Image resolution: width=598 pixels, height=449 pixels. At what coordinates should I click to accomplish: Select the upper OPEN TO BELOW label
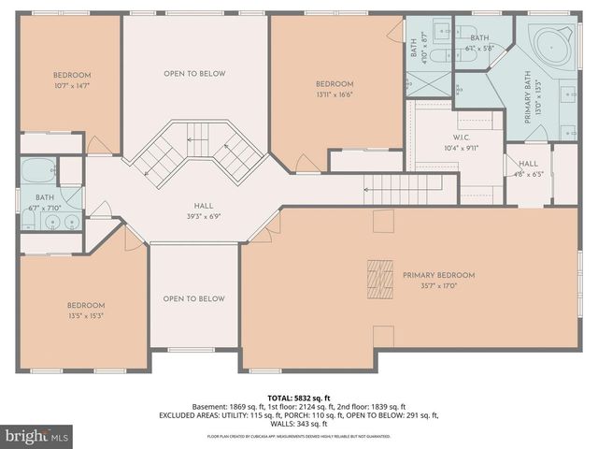[194, 74]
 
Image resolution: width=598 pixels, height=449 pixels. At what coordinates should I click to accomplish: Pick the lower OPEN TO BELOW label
[194, 298]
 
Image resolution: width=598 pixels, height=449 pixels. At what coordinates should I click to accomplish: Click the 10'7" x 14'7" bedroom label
[72, 80]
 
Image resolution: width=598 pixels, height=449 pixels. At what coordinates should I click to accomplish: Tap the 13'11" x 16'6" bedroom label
[335, 89]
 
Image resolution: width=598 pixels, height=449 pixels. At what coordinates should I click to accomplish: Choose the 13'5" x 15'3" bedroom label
[85, 311]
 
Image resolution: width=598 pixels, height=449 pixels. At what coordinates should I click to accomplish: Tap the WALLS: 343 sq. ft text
[298, 423]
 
